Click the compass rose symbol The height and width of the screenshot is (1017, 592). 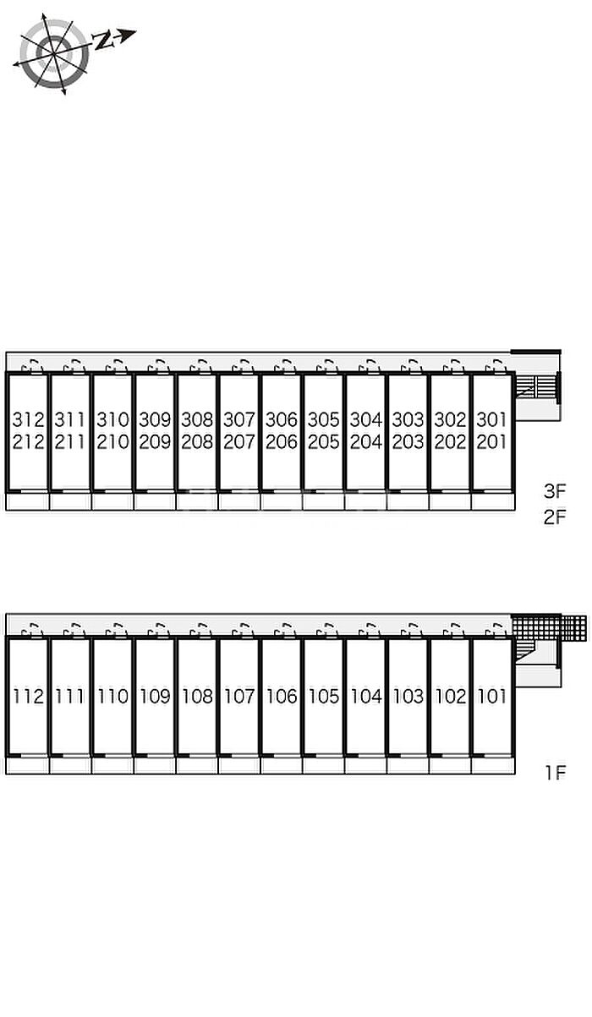(53, 53)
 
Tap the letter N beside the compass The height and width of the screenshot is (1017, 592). (103, 41)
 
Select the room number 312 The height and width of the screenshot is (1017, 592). (28, 419)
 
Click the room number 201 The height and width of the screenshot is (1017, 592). (492, 442)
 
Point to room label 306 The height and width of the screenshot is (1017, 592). (282, 419)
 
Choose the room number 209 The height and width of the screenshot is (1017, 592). (155, 442)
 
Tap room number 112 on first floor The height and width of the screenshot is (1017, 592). (28, 696)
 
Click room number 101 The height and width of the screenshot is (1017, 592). (492, 696)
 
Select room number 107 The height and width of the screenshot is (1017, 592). (239, 696)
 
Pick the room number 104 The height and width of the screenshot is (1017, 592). (366, 696)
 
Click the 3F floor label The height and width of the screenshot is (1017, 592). (555, 491)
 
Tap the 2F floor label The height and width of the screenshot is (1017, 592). (555, 517)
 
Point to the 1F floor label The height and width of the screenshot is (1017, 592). (556, 772)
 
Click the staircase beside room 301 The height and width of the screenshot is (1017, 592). (537, 387)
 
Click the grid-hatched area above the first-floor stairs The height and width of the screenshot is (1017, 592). (550, 627)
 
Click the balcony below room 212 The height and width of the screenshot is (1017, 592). (28, 501)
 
